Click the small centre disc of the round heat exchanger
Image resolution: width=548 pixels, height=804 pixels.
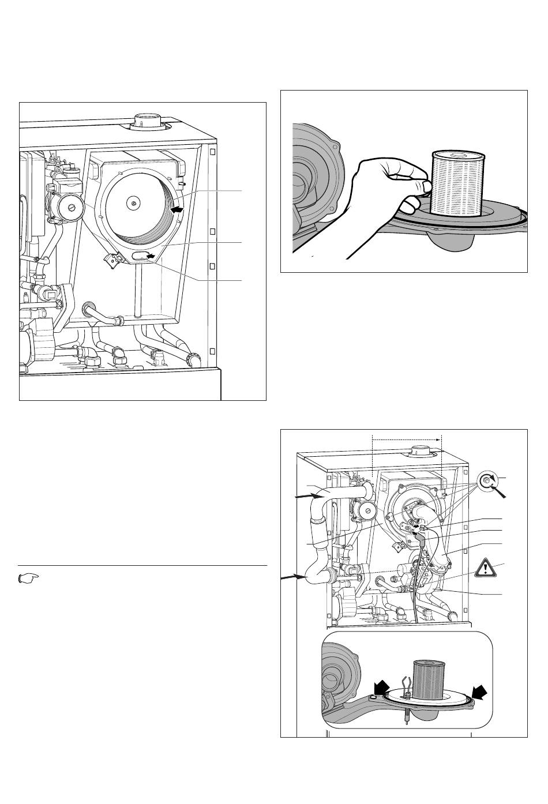pos(134,202)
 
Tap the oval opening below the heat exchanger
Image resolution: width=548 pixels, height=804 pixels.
pos(140,255)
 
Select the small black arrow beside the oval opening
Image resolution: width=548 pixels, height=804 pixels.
pos(151,255)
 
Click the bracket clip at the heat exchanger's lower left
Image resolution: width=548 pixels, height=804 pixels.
pos(111,261)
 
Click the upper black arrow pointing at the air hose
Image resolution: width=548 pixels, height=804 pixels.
pos(302,495)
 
